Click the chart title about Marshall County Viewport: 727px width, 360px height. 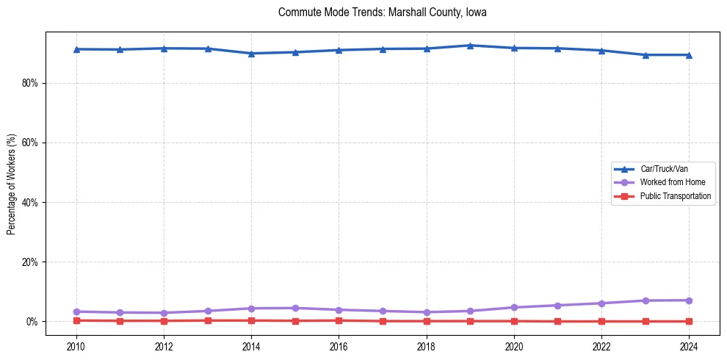[x=382, y=12]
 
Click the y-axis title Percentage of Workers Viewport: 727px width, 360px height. [x=11, y=184]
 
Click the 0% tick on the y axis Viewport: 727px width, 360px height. [x=32, y=322]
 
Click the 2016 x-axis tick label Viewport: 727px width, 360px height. [x=339, y=346]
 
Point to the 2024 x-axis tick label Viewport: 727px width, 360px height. [x=689, y=346]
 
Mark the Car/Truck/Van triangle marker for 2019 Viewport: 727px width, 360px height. [x=470, y=46]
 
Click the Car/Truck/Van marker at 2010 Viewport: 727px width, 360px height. [x=76, y=49]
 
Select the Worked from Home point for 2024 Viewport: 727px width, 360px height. [x=689, y=300]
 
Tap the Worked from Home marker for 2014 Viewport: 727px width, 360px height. [x=251, y=309]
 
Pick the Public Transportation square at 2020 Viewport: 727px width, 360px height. [x=514, y=321]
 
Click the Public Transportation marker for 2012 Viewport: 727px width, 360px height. [x=164, y=321]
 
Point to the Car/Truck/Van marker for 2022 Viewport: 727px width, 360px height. [x=601, y=51]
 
